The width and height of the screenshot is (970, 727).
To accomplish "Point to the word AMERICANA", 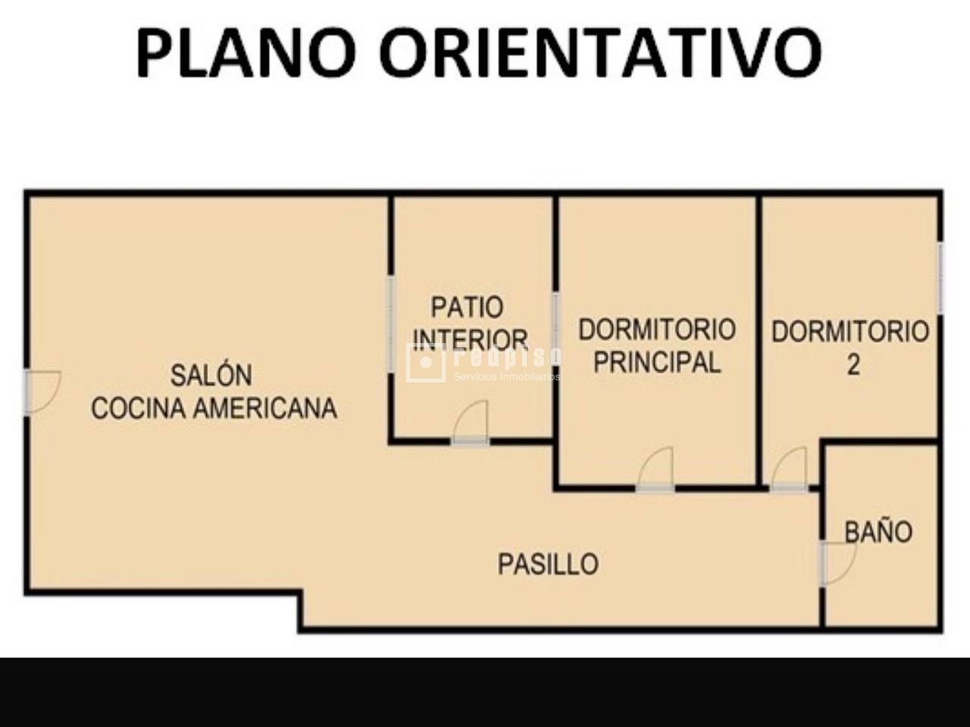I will pos(265,408).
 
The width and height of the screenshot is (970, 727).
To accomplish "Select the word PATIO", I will pos(467,307).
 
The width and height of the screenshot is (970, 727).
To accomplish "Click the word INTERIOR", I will pos(471,339).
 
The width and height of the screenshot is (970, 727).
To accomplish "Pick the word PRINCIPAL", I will pos(656,363).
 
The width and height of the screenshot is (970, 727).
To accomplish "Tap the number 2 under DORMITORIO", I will pos(853,365).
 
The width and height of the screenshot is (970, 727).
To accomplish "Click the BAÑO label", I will pos(878,532).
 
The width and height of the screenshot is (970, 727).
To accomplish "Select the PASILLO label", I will pos(548,564).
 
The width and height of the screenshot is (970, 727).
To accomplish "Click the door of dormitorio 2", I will pos(790,470).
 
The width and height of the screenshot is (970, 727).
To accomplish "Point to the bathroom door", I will pos(837,562).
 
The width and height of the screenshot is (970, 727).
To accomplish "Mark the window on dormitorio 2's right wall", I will pos(940,277).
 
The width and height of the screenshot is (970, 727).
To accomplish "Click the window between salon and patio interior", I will pos(391,324).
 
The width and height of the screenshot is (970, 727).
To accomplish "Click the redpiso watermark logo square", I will pos(425,363).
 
